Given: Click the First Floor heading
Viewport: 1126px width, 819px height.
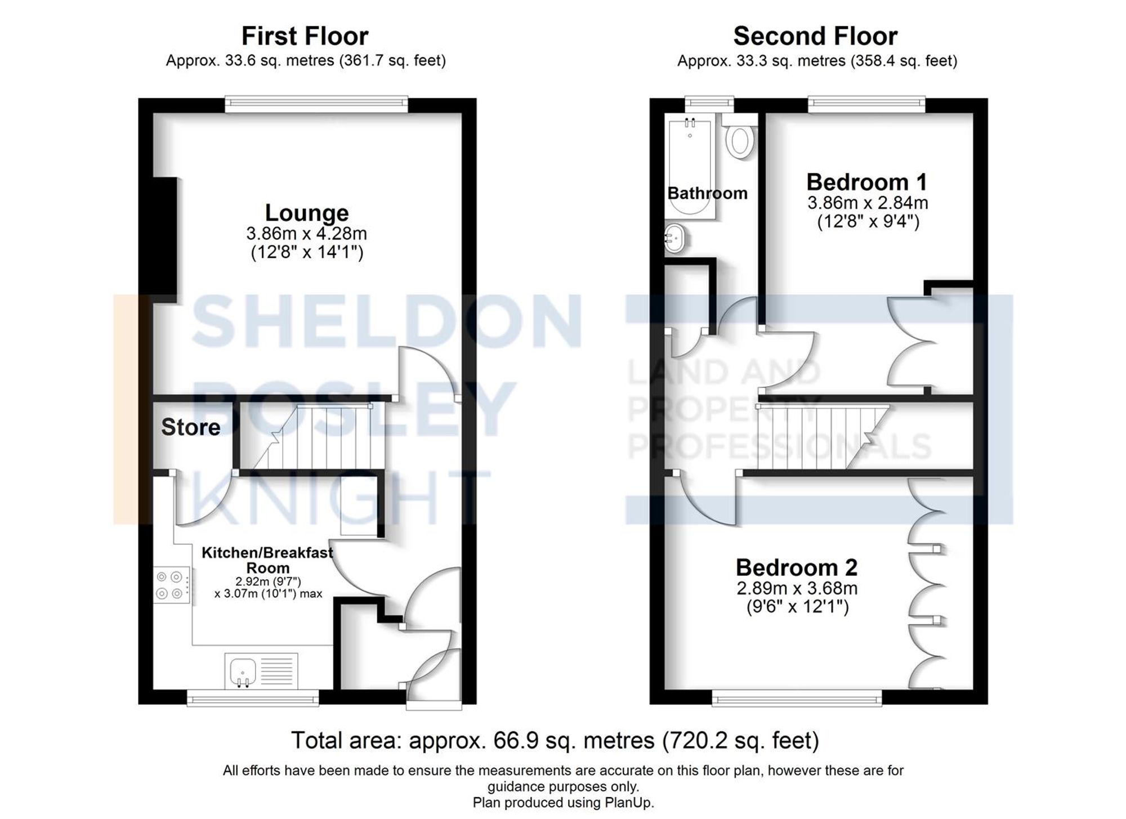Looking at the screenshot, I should (305, 37).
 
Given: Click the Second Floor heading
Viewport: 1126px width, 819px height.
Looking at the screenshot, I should (815, 37).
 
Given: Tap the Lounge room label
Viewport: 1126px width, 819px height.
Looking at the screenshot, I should (307, 213).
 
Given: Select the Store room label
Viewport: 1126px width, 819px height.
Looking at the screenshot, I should (190, 427).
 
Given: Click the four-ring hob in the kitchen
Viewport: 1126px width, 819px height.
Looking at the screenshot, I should (171, 585).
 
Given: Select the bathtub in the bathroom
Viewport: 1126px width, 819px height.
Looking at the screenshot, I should (690, 166).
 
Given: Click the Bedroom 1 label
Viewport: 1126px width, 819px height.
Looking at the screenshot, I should (866, 182).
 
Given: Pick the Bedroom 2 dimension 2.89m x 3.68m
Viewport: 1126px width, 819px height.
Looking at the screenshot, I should (797, 589).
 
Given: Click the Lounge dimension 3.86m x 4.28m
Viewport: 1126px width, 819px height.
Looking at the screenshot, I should (306, 233).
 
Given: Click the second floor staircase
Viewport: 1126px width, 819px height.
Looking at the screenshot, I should (816, 437).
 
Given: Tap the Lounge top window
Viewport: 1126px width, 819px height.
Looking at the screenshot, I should (316, 102).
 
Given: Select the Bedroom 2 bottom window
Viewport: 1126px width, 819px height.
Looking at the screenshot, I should (797, 699).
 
